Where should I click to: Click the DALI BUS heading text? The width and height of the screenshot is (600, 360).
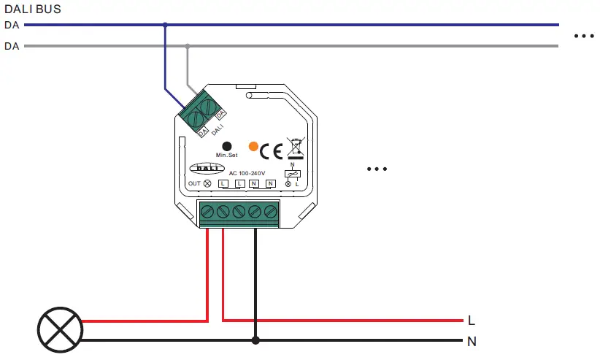33,9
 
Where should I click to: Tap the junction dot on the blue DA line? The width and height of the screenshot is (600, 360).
165,26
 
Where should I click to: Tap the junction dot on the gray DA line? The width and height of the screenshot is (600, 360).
188,46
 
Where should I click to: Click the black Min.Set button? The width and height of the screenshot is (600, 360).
226,146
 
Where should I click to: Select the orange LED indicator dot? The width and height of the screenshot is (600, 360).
253,147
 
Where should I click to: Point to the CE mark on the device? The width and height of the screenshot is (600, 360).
272,151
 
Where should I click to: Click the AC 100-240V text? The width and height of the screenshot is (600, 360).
247,173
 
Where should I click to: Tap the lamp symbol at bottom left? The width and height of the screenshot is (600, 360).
58,329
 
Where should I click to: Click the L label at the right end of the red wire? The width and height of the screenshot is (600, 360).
471,321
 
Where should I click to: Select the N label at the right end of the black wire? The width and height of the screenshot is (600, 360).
472,341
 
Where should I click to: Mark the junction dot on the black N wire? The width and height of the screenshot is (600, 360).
255,340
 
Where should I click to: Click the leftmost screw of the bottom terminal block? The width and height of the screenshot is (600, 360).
207,212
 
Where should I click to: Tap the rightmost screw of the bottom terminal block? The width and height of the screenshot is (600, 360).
271,212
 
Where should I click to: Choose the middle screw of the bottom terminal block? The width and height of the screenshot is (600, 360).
239,212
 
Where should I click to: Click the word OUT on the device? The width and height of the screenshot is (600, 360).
194,183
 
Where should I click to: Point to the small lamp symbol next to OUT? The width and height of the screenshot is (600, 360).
207,183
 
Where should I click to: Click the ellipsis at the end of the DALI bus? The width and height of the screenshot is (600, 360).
585,36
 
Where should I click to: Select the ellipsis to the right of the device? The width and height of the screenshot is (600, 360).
377,169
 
